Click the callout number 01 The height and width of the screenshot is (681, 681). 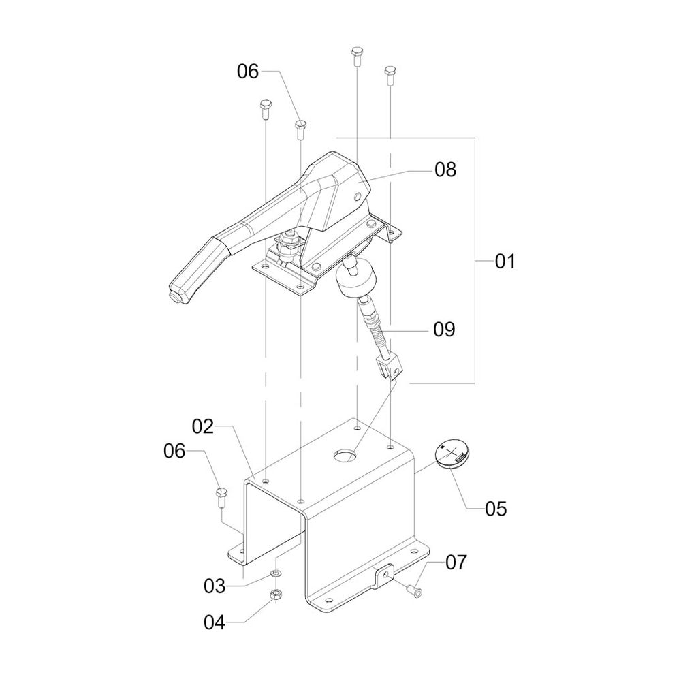[x=505, y=262]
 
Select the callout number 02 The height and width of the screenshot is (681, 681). [x=203, y=427]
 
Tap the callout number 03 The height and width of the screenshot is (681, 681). [x=215, y=586]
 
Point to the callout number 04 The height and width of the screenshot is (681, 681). [x=215, y=622]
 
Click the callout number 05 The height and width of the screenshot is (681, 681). [x=496, y=509]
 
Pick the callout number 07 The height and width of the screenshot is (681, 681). [x=456, y=562]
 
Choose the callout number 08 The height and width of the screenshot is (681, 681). [x=445, y=170]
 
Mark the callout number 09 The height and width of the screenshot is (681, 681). [x=444, y=330]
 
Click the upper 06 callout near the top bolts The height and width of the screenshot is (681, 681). [x=248, y=72]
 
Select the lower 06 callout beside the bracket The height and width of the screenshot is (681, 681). [x=174, y=451]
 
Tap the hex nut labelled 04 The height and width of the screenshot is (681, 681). [x=275, y=594]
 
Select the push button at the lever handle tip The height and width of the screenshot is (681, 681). [x=175, y=297]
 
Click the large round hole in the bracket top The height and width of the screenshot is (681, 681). [x=345, y=456]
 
